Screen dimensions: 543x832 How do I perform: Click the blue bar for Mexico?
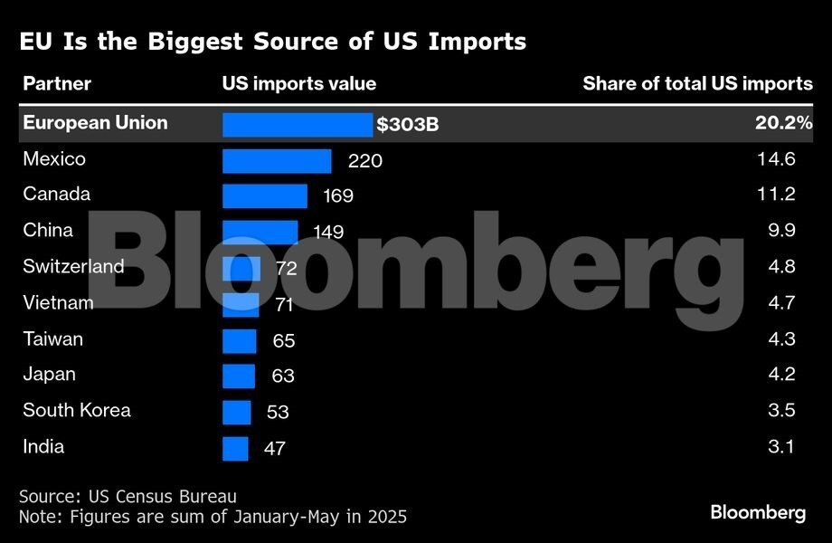click(277, 160)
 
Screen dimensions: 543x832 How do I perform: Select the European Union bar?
click(298, 124)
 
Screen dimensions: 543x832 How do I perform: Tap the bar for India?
click(235, 448)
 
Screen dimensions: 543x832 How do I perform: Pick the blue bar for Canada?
click(265, 195)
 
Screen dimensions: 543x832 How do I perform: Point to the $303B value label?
click(408, 125)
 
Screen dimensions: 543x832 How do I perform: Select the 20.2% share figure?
click(783, 123)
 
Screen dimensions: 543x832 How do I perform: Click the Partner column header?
click(57, 84)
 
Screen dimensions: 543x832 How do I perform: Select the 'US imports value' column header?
click(299, 84)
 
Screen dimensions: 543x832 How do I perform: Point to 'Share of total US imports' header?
click(697, 84)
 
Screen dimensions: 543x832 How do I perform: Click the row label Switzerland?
click(73, 267)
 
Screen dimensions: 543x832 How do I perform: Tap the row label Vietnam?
click(58, 303)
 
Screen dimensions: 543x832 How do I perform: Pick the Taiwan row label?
click(52, 339)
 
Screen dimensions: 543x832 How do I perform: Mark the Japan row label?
click(49, 375)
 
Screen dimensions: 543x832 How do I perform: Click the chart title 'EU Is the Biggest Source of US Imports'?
click(272, 42)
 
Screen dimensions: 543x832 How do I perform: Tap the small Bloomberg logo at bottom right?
click(757, 512)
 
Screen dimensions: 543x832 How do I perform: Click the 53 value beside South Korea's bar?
click(278, 412)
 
